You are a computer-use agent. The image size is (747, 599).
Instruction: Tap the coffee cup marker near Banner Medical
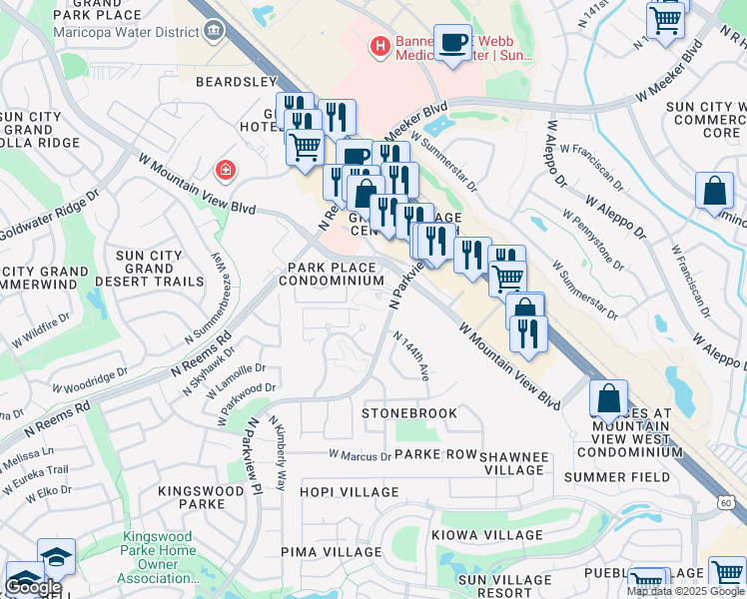[x=452, y=42]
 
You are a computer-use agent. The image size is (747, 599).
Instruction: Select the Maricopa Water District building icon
[x=213, y=31]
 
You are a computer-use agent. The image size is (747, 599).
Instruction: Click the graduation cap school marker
[x=56, y=555]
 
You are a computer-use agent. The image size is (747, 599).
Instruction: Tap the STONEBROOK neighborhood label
[x=409, y=412]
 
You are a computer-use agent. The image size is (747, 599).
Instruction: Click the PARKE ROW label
[x=435, y=454]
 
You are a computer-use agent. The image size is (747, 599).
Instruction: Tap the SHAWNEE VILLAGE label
[x=514, y=463]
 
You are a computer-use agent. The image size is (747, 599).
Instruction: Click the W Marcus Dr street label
[x=360, y=456]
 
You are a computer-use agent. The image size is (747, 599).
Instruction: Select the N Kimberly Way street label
[x=281, y=455]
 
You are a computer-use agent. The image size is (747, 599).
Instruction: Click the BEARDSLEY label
[x=235, y=81]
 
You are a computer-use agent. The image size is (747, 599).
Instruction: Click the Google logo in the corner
[x=33, y=587]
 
